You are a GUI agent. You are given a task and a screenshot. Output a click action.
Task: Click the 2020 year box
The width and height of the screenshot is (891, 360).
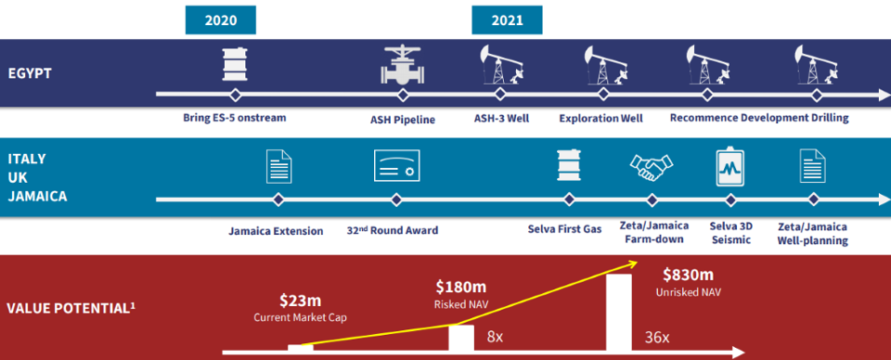[221, 21]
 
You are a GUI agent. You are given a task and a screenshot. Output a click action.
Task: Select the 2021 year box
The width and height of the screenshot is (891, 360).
[507, 21]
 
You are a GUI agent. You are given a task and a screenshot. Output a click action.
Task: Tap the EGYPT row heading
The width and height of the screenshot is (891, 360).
[30, 73]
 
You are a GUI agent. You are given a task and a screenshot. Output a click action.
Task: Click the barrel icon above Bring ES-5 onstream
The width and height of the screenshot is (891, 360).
[234, 64]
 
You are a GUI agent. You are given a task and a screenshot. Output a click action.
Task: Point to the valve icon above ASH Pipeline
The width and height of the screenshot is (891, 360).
[402, 66]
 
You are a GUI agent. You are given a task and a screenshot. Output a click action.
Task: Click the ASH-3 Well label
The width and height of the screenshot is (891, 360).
[502, 119]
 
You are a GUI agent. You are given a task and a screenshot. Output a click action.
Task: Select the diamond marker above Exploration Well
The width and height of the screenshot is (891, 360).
[600, 95]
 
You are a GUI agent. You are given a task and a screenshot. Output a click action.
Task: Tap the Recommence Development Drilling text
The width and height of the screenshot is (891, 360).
[759, 118]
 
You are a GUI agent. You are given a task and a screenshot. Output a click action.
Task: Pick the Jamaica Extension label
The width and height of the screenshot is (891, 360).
[277, 231]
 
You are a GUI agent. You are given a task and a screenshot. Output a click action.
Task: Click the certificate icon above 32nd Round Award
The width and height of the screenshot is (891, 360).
[396, 165]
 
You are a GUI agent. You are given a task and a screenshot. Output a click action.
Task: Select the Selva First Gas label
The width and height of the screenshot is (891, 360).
[564, 229]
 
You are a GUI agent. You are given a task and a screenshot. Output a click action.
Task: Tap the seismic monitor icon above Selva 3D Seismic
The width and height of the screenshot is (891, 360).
[730, 168]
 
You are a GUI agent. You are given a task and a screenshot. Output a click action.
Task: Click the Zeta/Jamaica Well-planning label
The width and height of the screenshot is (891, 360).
[813, 234]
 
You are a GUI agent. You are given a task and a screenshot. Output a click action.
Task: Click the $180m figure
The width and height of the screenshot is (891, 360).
[461, 287]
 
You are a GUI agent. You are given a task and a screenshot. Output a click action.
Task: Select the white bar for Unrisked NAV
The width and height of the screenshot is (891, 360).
[619, 313]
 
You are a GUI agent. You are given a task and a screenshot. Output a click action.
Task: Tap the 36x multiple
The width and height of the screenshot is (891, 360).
[657, 338]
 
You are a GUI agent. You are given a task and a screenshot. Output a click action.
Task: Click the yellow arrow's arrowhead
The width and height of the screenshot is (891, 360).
[632, 262]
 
